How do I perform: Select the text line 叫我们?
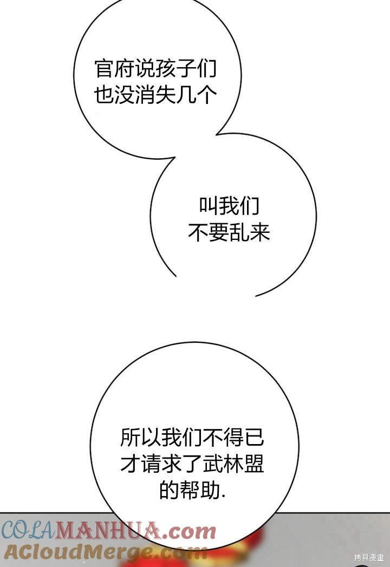229,206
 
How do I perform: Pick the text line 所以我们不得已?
192,436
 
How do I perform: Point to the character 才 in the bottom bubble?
130,464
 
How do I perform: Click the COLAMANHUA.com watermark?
108,531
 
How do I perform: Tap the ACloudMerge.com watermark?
103,552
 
